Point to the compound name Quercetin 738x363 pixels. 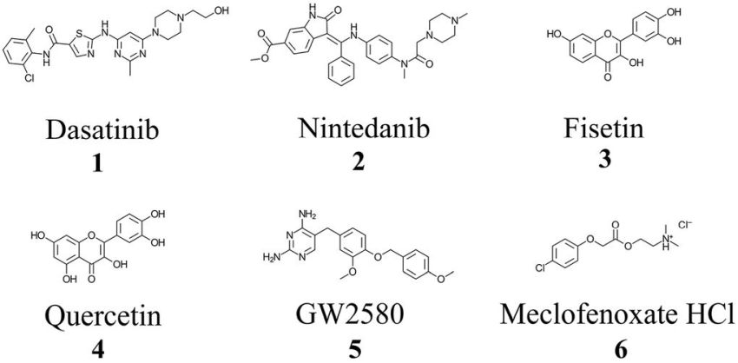pyautogui.click(x=88, y=313)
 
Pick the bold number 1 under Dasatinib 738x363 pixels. pyautogui.click(x=96, y=162)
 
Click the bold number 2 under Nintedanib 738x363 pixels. pyautogui.click(x=358, y=162)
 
